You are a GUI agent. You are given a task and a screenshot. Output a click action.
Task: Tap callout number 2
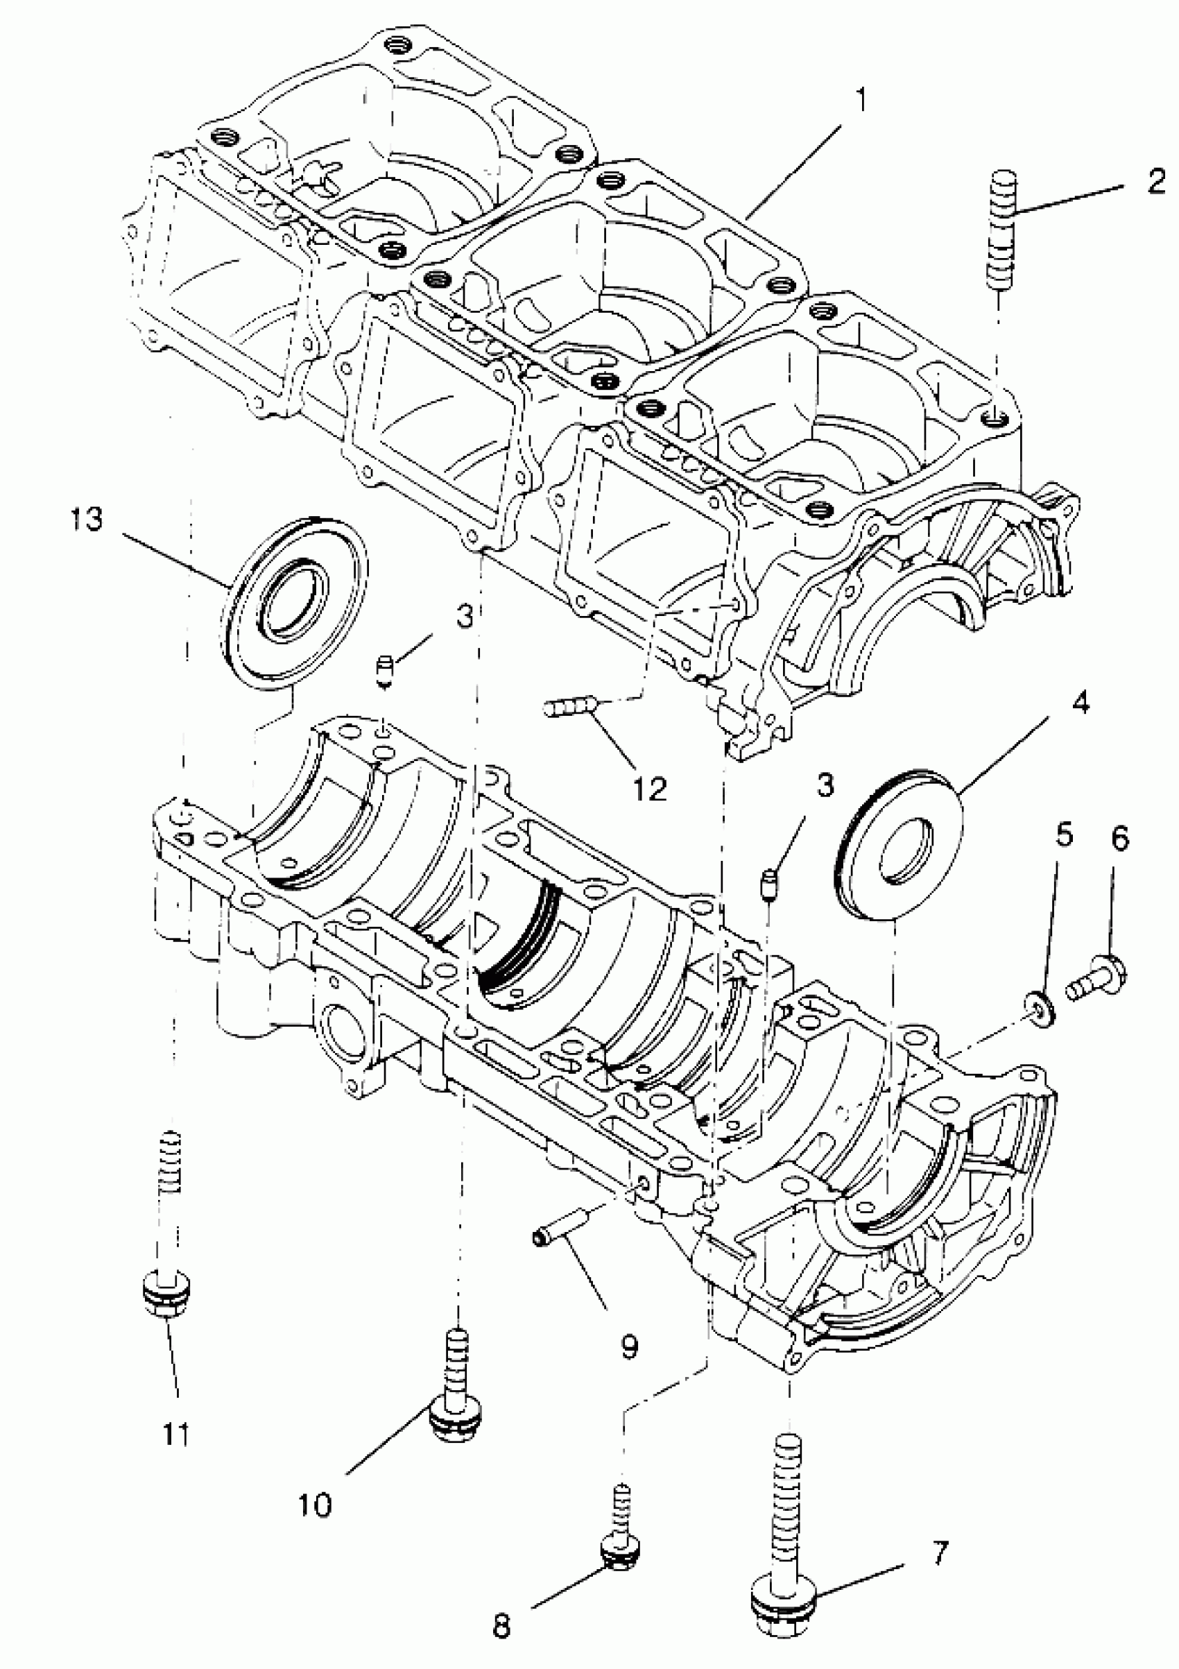(x=1155, y=181)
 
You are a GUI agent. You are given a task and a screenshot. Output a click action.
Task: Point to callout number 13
(x=87, y=520)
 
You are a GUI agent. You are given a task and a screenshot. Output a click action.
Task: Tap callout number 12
(x=648, y=788)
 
